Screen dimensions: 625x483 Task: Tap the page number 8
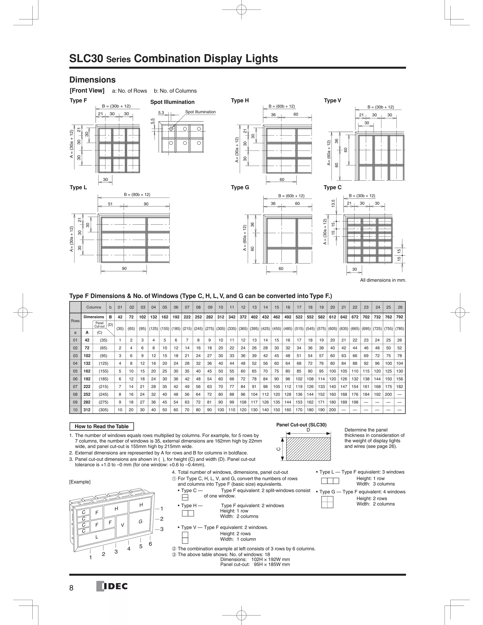pyautogui.click(x=71, y=588)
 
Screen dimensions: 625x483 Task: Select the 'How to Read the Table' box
pyautogui.click(x=102, y=426)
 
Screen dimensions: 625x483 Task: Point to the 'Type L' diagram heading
pyautogui.click(x=78, y=187)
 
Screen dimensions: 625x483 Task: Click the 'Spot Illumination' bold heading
pyautogui.click(x=172, y=102)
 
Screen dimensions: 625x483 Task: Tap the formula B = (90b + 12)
pyautogui.click(x=137, y=195)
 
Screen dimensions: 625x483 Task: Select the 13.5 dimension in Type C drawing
pyautogui.click(x=333, y=204)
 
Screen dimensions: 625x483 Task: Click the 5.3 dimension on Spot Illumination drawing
pyautogui.click(x=161, y=113)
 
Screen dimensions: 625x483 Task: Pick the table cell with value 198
pyautogui.click(x=355, y=402)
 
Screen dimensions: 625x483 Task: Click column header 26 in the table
pyautogui.click(x=400, y=307)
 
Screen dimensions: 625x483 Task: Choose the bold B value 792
pyautogui.click(x=400, y=317)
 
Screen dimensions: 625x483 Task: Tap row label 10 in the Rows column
pyautogui.click(x=75, y=410)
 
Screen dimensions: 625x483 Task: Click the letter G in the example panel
pyautogui.click(x=141, y=521)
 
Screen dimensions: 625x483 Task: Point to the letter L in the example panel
pyautogui.click(x=97, y=537)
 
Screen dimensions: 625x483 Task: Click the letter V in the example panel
pyautogui.click(x=122, y=525)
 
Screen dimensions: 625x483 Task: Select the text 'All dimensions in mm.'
pyautogui.click(x=383, y=280)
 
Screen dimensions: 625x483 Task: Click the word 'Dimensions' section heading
pyautogui.click(x=92, y=80)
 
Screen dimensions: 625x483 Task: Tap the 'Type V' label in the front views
pyautogui.click(x=332, y=100)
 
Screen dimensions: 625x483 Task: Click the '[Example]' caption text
pyautogui.click(x=80, y=482)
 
